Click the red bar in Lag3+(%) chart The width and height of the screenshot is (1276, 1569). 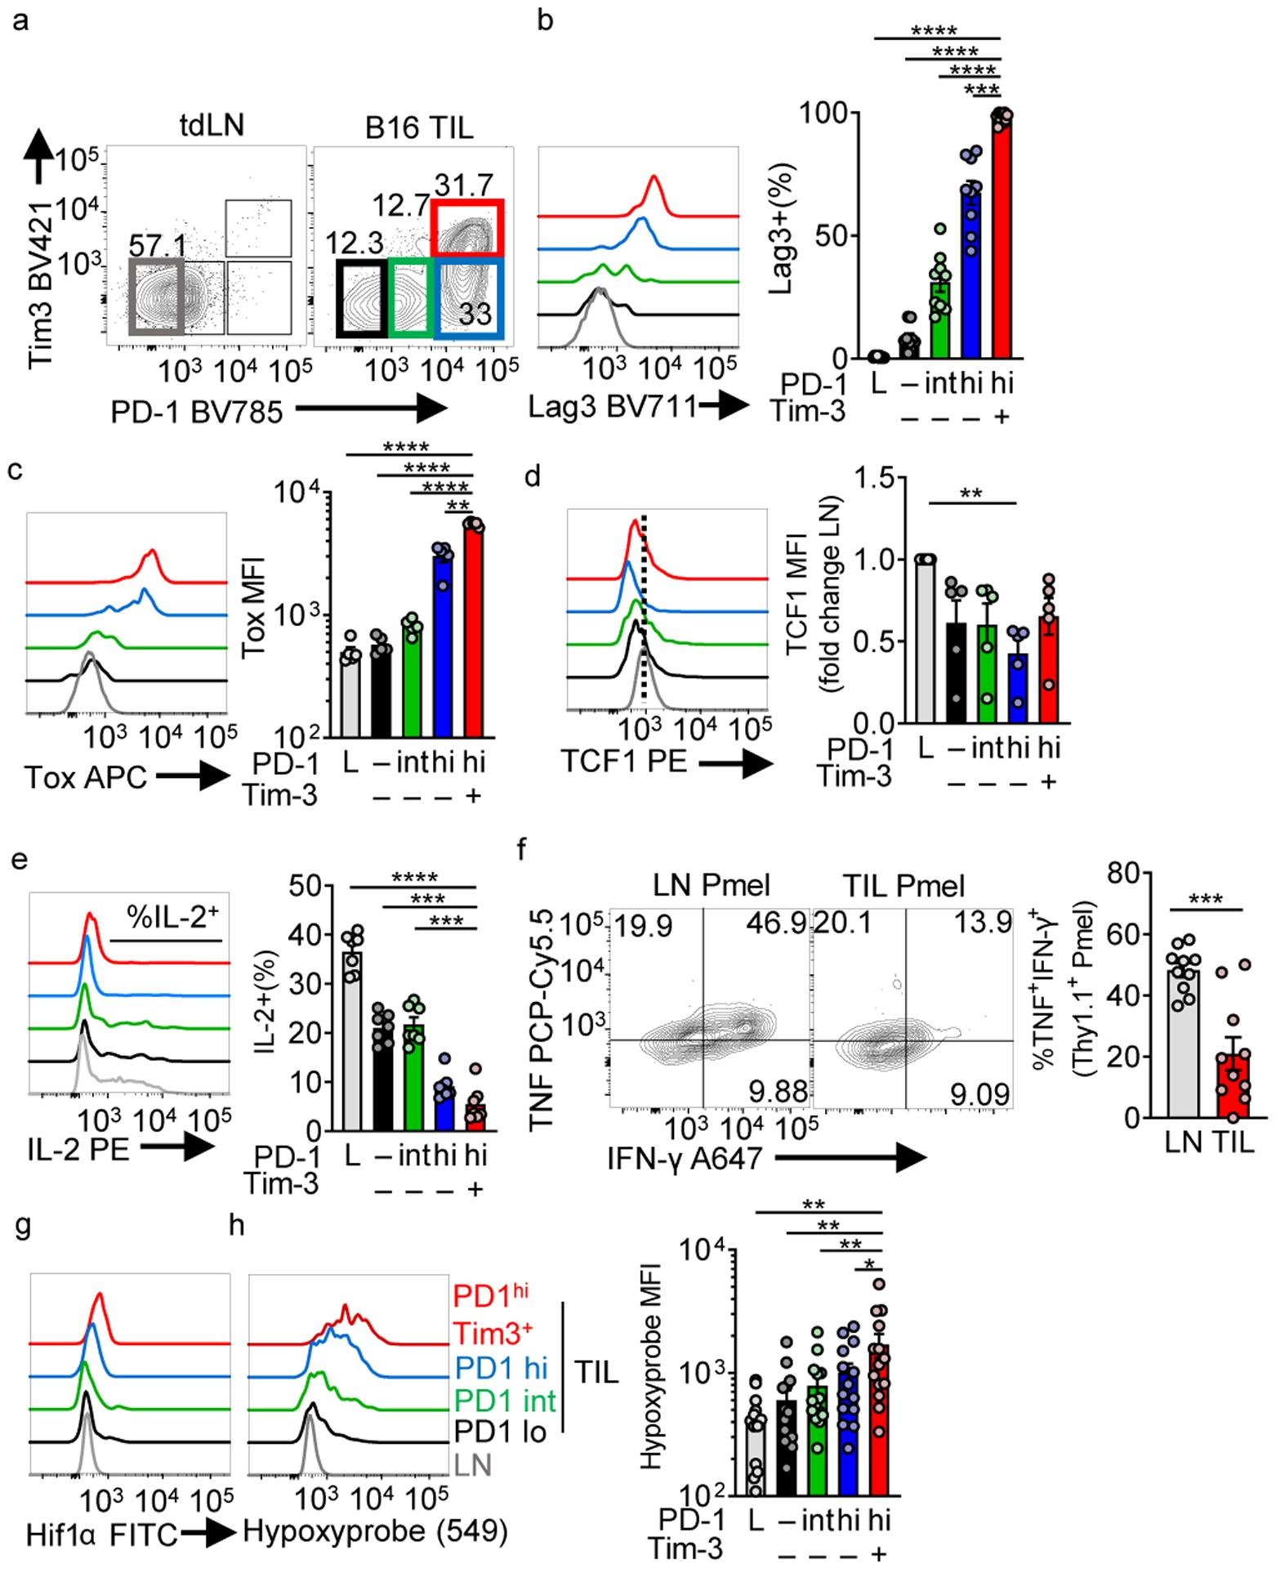click(1000, 237)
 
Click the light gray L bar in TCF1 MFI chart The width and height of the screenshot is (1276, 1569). click(926, 641)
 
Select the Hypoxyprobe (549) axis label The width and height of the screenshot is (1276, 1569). click(375, 1532)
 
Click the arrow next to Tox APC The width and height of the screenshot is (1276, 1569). click(193, 776)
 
